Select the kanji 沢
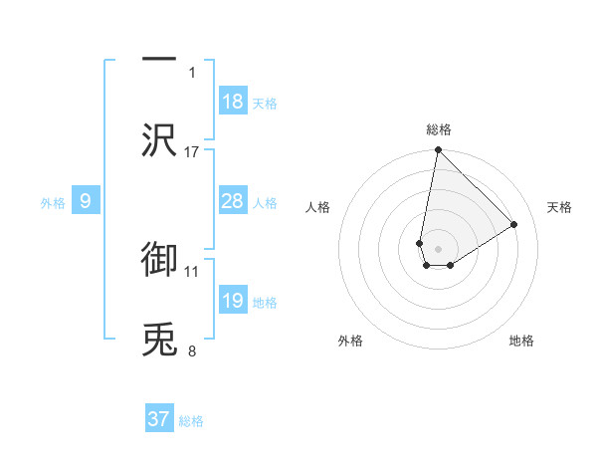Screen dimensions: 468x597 159,139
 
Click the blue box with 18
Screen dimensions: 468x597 233,102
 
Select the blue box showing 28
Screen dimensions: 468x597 233,201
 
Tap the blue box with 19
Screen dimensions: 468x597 233,301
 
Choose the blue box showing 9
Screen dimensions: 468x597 86,201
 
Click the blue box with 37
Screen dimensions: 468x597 159,419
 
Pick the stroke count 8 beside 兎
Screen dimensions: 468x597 192,351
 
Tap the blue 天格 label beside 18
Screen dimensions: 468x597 265,103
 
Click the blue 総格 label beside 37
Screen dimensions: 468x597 191,420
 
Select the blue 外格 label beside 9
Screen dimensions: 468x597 53,202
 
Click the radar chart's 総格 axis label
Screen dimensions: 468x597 439,129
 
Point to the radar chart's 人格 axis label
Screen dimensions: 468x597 318,207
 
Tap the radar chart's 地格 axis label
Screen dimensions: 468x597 521,341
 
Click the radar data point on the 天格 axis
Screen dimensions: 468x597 514,224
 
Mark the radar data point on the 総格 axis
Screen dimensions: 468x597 438,151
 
